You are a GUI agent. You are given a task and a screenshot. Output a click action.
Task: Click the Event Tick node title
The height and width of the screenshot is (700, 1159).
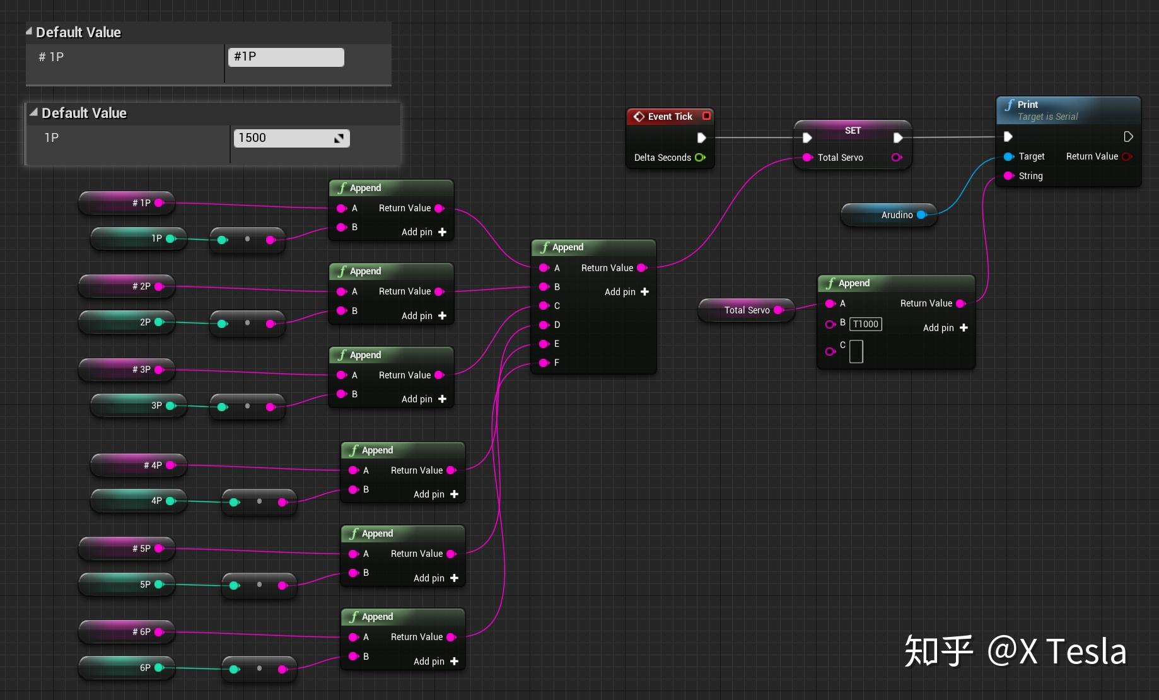click(670, 117)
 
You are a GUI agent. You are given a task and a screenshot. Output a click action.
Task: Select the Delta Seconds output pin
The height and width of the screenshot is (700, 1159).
click(700, 158)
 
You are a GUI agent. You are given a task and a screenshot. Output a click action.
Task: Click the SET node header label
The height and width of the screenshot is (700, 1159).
click(853, 131)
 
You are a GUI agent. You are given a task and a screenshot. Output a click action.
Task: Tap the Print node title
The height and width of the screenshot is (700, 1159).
click(1027, 105)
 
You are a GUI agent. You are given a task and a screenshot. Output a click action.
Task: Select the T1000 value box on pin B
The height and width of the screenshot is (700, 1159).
click(866, 324)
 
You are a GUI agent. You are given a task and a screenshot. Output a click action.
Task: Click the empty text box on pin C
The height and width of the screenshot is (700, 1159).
click(856, 351)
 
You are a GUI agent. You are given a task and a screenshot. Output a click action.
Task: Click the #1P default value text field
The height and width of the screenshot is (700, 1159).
click(286, 57)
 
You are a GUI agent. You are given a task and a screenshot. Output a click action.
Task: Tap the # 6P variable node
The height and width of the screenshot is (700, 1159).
click(126, 632)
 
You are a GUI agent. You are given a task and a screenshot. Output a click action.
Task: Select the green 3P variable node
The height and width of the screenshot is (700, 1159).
click(139, 405)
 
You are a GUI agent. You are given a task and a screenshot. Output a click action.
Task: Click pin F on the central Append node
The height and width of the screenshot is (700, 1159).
click(544, 363)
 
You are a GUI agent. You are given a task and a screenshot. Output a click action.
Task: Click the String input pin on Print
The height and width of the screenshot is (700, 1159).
click(1009, 176)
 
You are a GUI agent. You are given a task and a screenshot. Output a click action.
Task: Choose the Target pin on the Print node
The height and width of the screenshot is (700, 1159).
click(1009, 156)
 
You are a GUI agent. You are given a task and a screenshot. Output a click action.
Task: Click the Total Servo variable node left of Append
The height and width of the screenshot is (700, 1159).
click(746, 310)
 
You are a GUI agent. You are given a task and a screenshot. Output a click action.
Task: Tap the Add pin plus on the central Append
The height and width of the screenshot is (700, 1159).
click(644, 292)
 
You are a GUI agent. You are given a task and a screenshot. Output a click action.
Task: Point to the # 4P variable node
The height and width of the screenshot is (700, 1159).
click(139, 465)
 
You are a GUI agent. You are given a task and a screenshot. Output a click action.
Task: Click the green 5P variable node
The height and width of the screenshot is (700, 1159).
click(126, 585)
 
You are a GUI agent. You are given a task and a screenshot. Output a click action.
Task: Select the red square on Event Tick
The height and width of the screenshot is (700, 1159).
click(706, 116)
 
